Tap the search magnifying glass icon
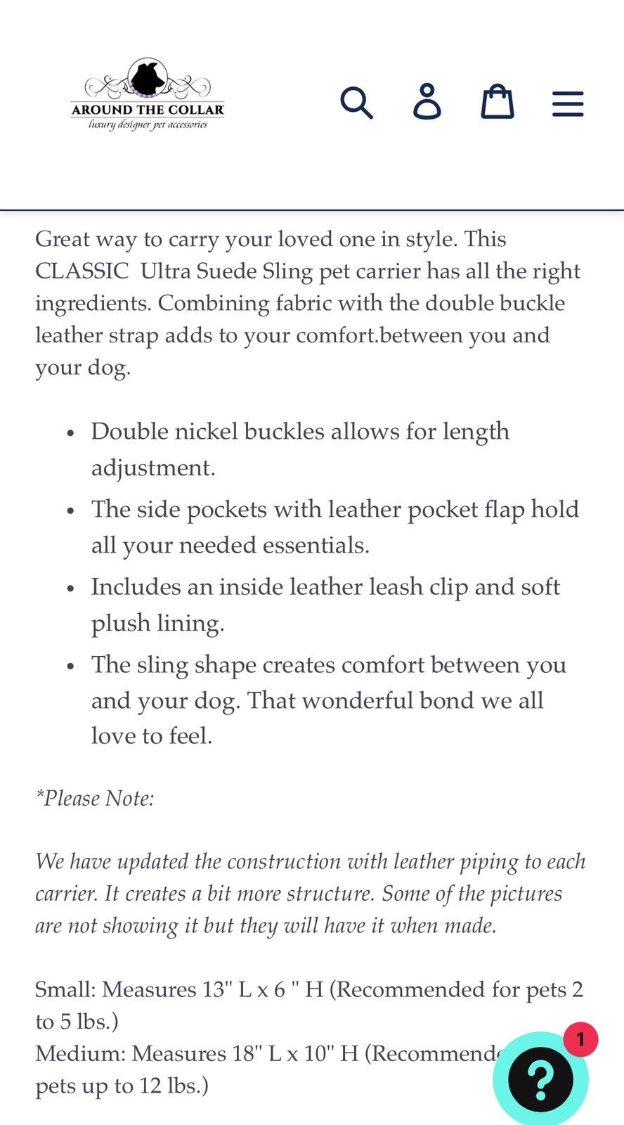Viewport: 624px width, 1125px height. tap(356, 103)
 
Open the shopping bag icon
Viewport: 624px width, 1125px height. tap(497, 102)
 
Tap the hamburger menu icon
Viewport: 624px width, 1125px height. tap(568, 103)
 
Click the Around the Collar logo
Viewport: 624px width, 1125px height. tap(148, 95)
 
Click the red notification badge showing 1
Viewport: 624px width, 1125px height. tap(580, 1039)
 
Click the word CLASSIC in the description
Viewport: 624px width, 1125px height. tap(82, 271)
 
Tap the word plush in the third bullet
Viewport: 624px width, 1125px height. tap(120, 624)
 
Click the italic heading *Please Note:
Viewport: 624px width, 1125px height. tap(95, 799)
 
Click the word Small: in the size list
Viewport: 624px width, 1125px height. tap(65, 989)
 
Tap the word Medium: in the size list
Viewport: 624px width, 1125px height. tap(80, 1053)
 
